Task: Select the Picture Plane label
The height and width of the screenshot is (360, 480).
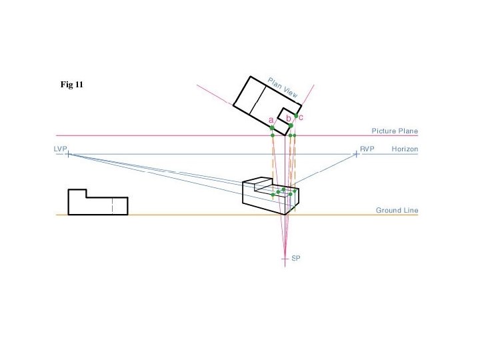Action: (395, 131)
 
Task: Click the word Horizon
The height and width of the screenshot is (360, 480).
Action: (405, 149)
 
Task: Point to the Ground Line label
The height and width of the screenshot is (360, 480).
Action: (397, 210)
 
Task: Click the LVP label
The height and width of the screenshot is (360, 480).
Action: (61, 149)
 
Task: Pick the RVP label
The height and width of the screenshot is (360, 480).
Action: (367, 149)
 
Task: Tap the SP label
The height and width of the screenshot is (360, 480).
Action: (296, 257)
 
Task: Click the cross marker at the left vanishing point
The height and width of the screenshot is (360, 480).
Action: (68, 154)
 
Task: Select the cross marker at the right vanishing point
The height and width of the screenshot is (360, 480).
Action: (356, 154)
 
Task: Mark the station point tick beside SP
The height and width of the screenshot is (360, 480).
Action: (285, 257)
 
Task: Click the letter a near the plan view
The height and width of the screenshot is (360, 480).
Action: (271, 120)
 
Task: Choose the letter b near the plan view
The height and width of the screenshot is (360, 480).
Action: (288, 118)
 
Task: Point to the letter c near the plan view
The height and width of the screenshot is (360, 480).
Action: (301, 117)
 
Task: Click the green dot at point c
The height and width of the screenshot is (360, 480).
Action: (296, 116)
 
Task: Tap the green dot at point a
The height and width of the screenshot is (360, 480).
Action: (272, 127)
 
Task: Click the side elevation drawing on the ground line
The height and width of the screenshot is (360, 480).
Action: (97, 203)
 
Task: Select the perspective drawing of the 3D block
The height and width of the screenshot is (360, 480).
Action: (270, 195)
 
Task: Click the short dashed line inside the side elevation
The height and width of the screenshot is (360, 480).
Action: (113, 206)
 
